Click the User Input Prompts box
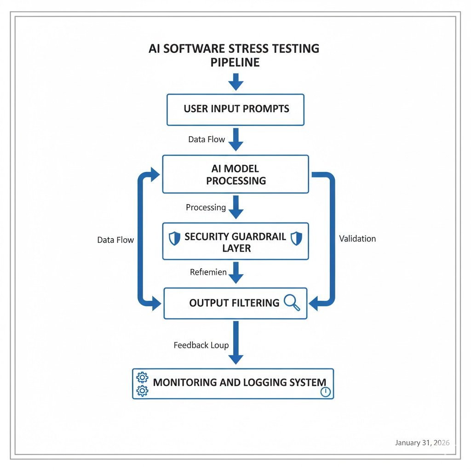235,109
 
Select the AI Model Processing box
235,174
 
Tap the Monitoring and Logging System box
233,383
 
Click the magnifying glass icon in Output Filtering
292,302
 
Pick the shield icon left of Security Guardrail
174,238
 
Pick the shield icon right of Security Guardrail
297,238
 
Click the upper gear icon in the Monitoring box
142,378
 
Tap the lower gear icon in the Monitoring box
142,391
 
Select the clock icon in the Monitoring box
325,392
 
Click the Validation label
357,239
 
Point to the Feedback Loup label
201,345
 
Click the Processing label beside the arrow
206,207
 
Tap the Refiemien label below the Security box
208,272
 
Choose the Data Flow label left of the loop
115,240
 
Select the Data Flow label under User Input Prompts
207,139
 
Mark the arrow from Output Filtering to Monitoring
235,343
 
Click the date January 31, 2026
422,442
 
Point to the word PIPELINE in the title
235,63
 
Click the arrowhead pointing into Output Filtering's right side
314,304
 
